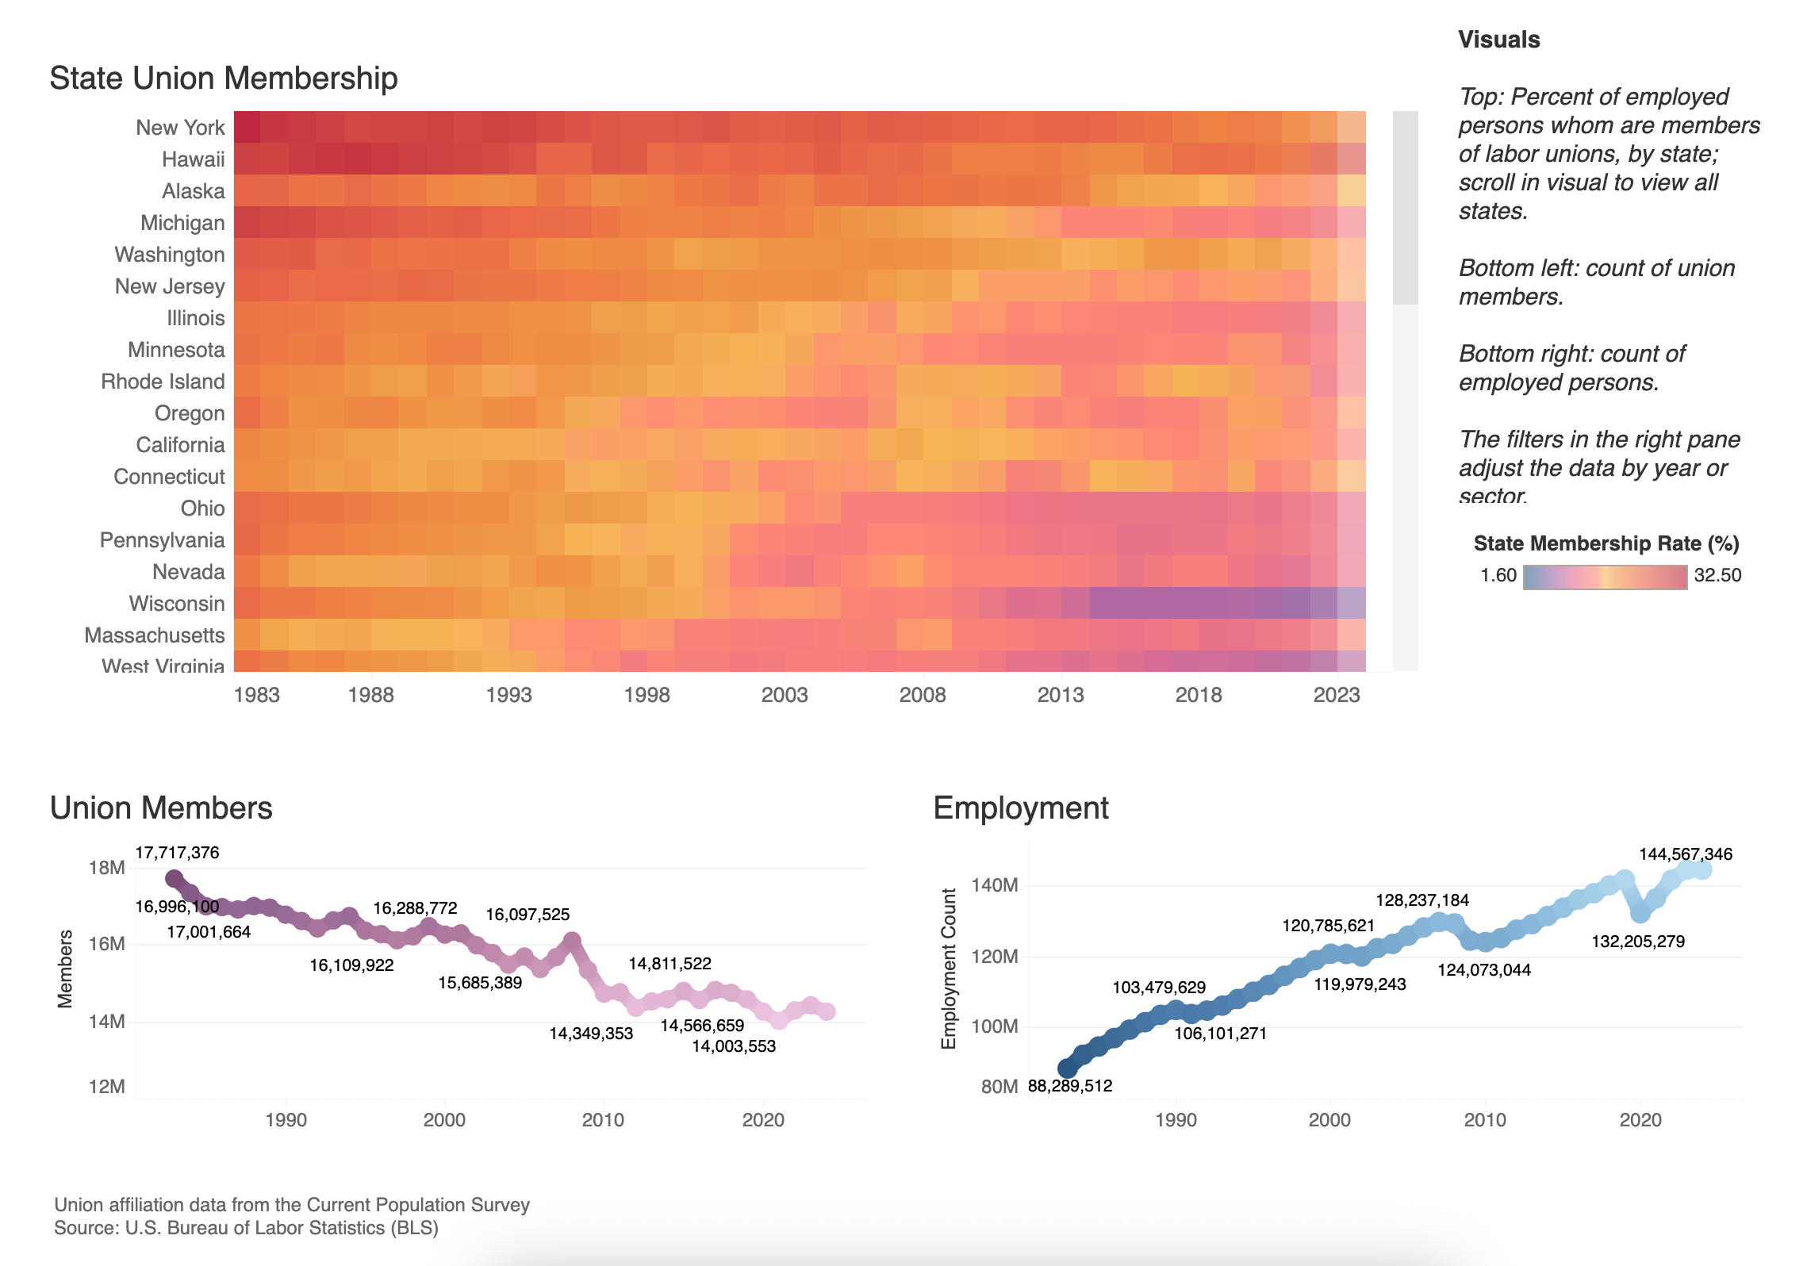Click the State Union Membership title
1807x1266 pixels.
pyautogui.click(x=223, y=79)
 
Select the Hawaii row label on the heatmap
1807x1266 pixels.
pyautogui.click(x=193, y=159)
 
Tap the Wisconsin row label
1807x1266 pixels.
pyautogui.click(x=176, y=604)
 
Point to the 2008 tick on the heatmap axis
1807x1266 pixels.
pyautogui.click(x=922, y=695)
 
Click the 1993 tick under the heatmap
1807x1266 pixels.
pyautogui.click(x=508, y=695)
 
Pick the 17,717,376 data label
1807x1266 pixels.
pyautogui.click(x=177, y=853)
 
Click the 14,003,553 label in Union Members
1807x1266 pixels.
pyautogui.click(x=734, y=1046)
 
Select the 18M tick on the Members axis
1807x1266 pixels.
pyautogui.click(x=106, y=868)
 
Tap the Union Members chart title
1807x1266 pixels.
pyautogui.click(x=161, y=808)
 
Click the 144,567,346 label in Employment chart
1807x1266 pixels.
pyautogui.click(x=1686, y=854)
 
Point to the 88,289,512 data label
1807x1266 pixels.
pyautogui.click(x=1070, y=1086)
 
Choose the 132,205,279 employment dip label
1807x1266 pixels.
pyautogui.click(x=1638, y=942)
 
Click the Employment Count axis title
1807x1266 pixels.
pyautogui.click(x=949, y=969)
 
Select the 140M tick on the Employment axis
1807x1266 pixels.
pyautogui.click(x=994, y=885)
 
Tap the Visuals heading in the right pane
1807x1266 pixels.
pyautogui.click(x=1498, y=40)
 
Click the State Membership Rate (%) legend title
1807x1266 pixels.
pyautogui.click(x=1606, y=543)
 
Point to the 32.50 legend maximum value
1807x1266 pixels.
pyautogui.click(x=1717, y=576)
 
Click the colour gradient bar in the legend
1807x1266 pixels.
pyautogui.click(x=1605, y=577)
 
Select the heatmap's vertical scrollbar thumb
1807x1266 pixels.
pyautogui.click(x=1405, y=208)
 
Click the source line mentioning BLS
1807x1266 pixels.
pyautogui.click(x=246, y=1228)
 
